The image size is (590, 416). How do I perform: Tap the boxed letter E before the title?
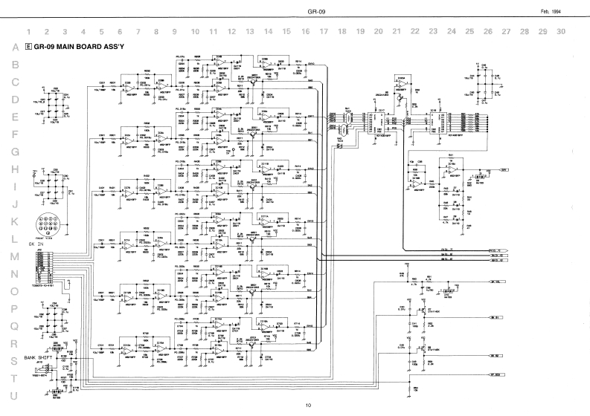tap(28, 47)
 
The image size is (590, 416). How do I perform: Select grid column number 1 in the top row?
tap(29, 32)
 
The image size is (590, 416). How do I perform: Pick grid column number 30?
tap(561, 32)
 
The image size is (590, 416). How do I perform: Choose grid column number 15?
tap(286, 32)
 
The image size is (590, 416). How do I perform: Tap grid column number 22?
tap(414, 32)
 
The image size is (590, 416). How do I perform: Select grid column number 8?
tap(156, 32)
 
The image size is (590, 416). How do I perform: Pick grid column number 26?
tap(487, 32)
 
